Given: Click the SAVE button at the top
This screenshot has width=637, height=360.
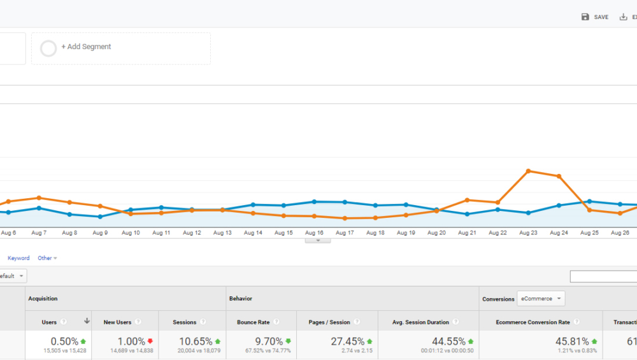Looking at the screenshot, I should (x=595, y=17).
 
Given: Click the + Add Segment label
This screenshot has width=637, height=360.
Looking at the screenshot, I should (x=86, y=47).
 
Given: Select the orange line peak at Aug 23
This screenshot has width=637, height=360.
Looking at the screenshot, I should (x=528, y=171).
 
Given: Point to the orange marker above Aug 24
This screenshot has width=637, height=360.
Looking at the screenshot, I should (x=559, y=176).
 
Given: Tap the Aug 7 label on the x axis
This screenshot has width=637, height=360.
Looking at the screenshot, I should (x=39, y=233).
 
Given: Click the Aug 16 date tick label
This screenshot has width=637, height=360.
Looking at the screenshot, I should (x=315, y=233).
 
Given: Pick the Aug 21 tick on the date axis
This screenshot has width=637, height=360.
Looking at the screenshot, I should (x=467, y=233).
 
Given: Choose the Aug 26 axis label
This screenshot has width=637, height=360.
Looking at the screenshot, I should (x=620, y=233).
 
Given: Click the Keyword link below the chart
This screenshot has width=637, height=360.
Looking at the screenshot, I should (x=18, y=258).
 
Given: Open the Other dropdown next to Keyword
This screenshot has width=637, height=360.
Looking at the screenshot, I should (x=47, y=258).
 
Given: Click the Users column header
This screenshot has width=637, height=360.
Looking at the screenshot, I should (x=50, y=322).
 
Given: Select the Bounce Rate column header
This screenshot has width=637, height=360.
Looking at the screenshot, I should (x=253, y=322).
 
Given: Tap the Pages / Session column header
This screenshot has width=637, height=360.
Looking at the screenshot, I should (x=329, y=322).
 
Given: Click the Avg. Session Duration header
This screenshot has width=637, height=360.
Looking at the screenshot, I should (x=420, y=322).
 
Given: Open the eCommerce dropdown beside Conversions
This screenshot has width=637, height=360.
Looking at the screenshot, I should (x=541, y=299).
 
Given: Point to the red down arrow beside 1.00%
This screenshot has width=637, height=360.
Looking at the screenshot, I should (x=150, y=342).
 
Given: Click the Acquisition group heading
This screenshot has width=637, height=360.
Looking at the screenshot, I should (x=43, y=298).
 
